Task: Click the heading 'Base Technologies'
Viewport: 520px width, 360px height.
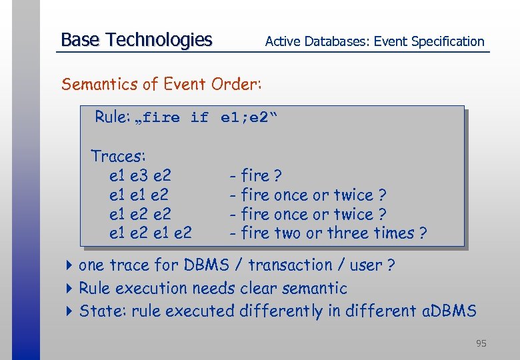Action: (x=136, y=40)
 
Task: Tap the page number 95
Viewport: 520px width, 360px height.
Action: (x=481, y=343)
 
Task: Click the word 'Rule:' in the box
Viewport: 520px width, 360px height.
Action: (x=112, y=117)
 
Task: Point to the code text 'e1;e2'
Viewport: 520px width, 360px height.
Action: (x=244, y=118)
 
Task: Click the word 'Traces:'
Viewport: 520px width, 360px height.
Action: (x=118, y=157)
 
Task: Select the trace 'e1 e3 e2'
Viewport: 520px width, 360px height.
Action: (x=140, y=176)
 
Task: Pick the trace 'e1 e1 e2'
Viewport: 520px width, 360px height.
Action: (x=139, y=195)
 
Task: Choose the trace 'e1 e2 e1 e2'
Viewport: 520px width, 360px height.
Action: (x=150, y=233)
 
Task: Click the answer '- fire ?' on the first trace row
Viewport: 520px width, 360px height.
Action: (x=255, y=176)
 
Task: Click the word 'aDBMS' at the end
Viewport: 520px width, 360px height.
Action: (x=449, y=311)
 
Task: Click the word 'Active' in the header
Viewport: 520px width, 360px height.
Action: (x=283, y=41)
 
